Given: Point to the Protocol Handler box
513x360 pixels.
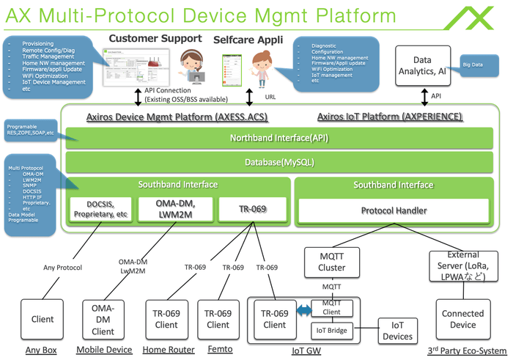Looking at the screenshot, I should tap(393, 210).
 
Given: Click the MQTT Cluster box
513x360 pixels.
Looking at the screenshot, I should tap(333, 262).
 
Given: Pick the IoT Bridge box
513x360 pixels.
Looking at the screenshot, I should tap(333, 331).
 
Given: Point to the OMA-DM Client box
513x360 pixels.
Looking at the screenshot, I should tap(103, 319).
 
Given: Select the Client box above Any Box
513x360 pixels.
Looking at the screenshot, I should tap(43, 319).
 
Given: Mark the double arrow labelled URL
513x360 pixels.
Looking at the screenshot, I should tap(250, 96).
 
